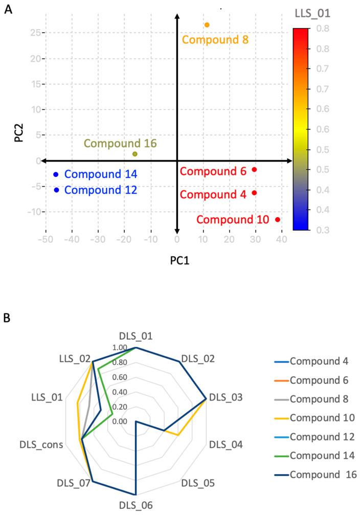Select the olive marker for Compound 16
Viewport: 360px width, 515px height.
134,154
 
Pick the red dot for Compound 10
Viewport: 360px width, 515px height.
278,220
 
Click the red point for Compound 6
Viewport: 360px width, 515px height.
254,170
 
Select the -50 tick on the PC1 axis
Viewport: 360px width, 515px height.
46,239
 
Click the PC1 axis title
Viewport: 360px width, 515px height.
177,261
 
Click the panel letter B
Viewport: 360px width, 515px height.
8,318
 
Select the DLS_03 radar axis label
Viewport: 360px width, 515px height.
226,397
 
